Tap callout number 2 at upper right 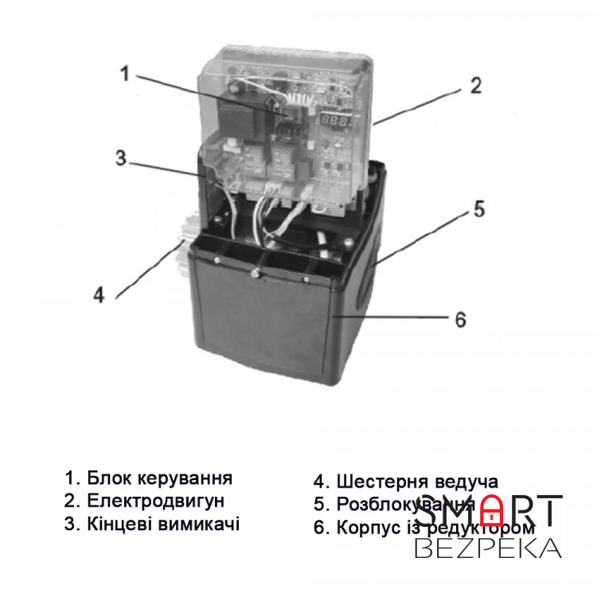(474, 86)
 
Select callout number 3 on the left (120, 158)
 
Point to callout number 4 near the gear (98, 295)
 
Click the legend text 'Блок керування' (159, 478)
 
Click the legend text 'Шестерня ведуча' (417, 482)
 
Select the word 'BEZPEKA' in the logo (488, 548)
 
